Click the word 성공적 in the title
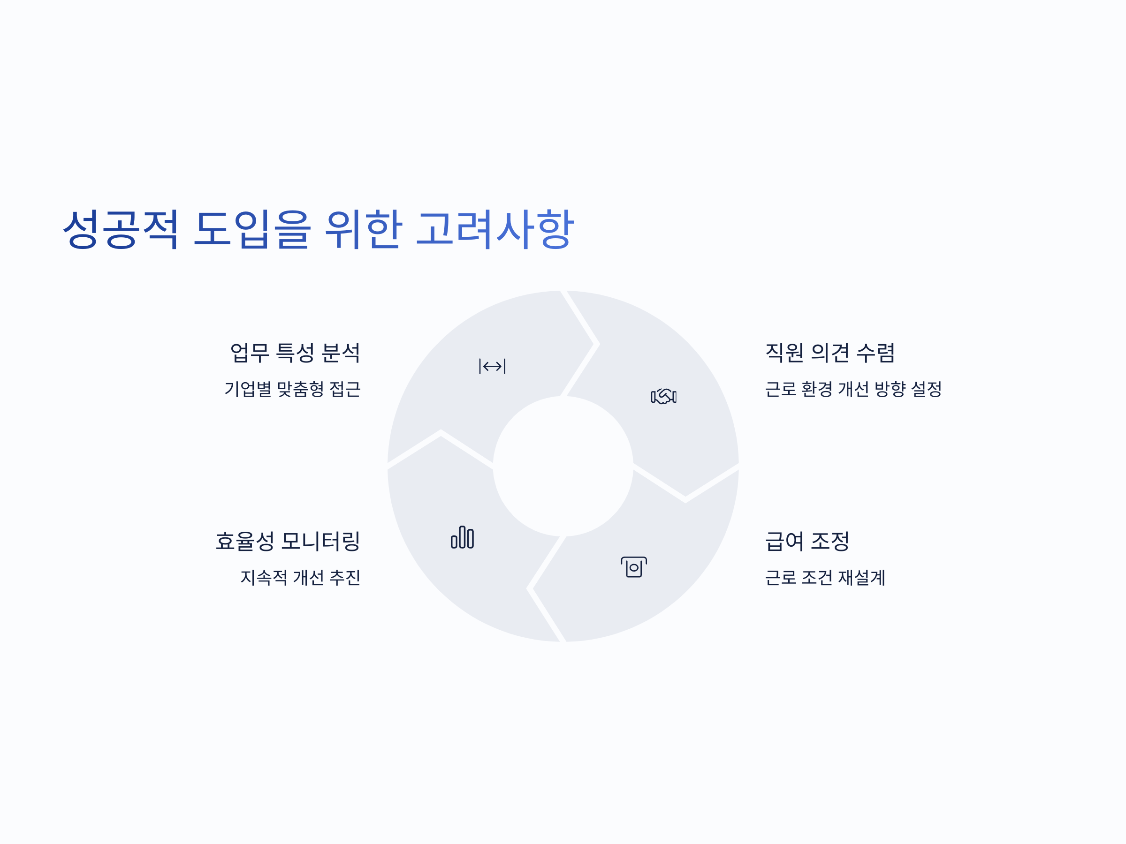click(x=121, y=229)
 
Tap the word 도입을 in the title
click(x=251, y=229)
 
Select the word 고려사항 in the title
click(x=495, y=229)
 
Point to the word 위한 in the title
click(x=364, y=229)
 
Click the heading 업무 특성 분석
click(x=295, y=353)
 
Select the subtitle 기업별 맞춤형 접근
click(x=293, y=389)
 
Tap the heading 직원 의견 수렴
click(x=830, y=353)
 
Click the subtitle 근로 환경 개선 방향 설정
click(x=853, y=389)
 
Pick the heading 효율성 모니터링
click(x=288, y=541)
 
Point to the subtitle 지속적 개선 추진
click(x=300, y=577)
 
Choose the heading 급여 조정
click(x=807, y=541)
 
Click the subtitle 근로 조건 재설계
click(x=825, y=577)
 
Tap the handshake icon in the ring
click(x=664, y=396)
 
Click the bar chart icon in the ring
click(x=462, y=537)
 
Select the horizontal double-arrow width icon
click(x=492, y=366)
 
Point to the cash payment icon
click(x=634, y=567)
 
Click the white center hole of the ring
click(x=563, y=466)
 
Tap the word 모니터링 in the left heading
click(x=321, y=541)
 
